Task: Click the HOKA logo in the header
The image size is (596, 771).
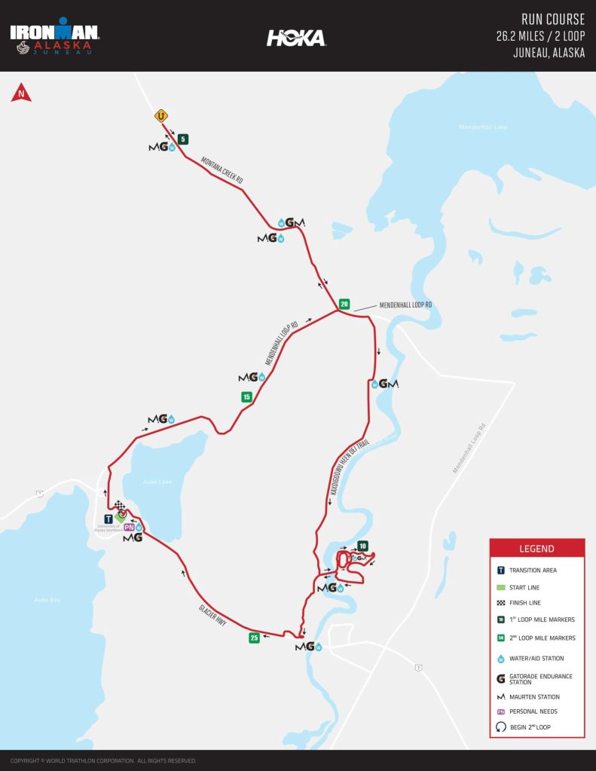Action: click(x=296, y=38)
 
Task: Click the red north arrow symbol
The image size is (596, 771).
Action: click(x=21, y=93)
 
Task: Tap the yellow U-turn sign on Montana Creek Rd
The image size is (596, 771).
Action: click(x=160, y=116)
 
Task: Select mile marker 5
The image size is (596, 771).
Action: click(x=183, y=139)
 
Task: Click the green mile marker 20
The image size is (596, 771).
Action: click(x=344, y=304)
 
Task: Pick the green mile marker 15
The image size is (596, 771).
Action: click(x=246, y=396)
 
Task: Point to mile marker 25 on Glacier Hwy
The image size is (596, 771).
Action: click(x=255, y=638)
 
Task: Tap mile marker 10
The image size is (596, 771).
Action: click(x=362, y=546)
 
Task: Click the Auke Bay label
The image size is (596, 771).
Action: click(x=47, y=600)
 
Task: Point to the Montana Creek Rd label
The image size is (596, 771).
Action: click(x=222, y=170)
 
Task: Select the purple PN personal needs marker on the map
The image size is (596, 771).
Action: click(x=129, y=527)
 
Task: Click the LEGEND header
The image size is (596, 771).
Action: click(x=536, y=549)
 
